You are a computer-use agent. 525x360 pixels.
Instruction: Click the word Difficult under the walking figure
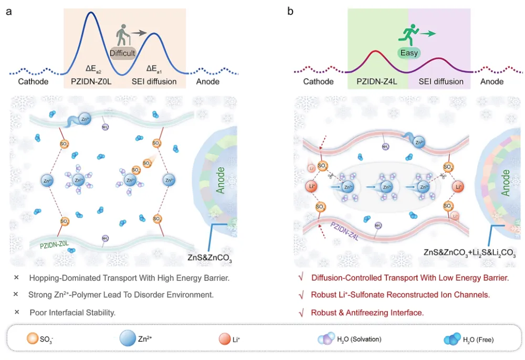tap(123, 53)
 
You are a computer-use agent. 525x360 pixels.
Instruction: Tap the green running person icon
tap(408, 35)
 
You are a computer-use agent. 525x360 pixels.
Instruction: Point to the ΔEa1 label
tap(155, 68)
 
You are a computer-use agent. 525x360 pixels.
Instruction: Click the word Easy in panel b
tap(408, 53)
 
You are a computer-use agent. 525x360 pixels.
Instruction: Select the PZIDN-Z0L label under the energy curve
tap(95, 81)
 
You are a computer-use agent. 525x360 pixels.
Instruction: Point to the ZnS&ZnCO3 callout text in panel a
tap(209, 259)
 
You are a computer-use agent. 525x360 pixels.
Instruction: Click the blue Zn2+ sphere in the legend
tap(128, 338)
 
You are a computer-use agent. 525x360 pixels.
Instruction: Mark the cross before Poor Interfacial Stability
tap(17, 312)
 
